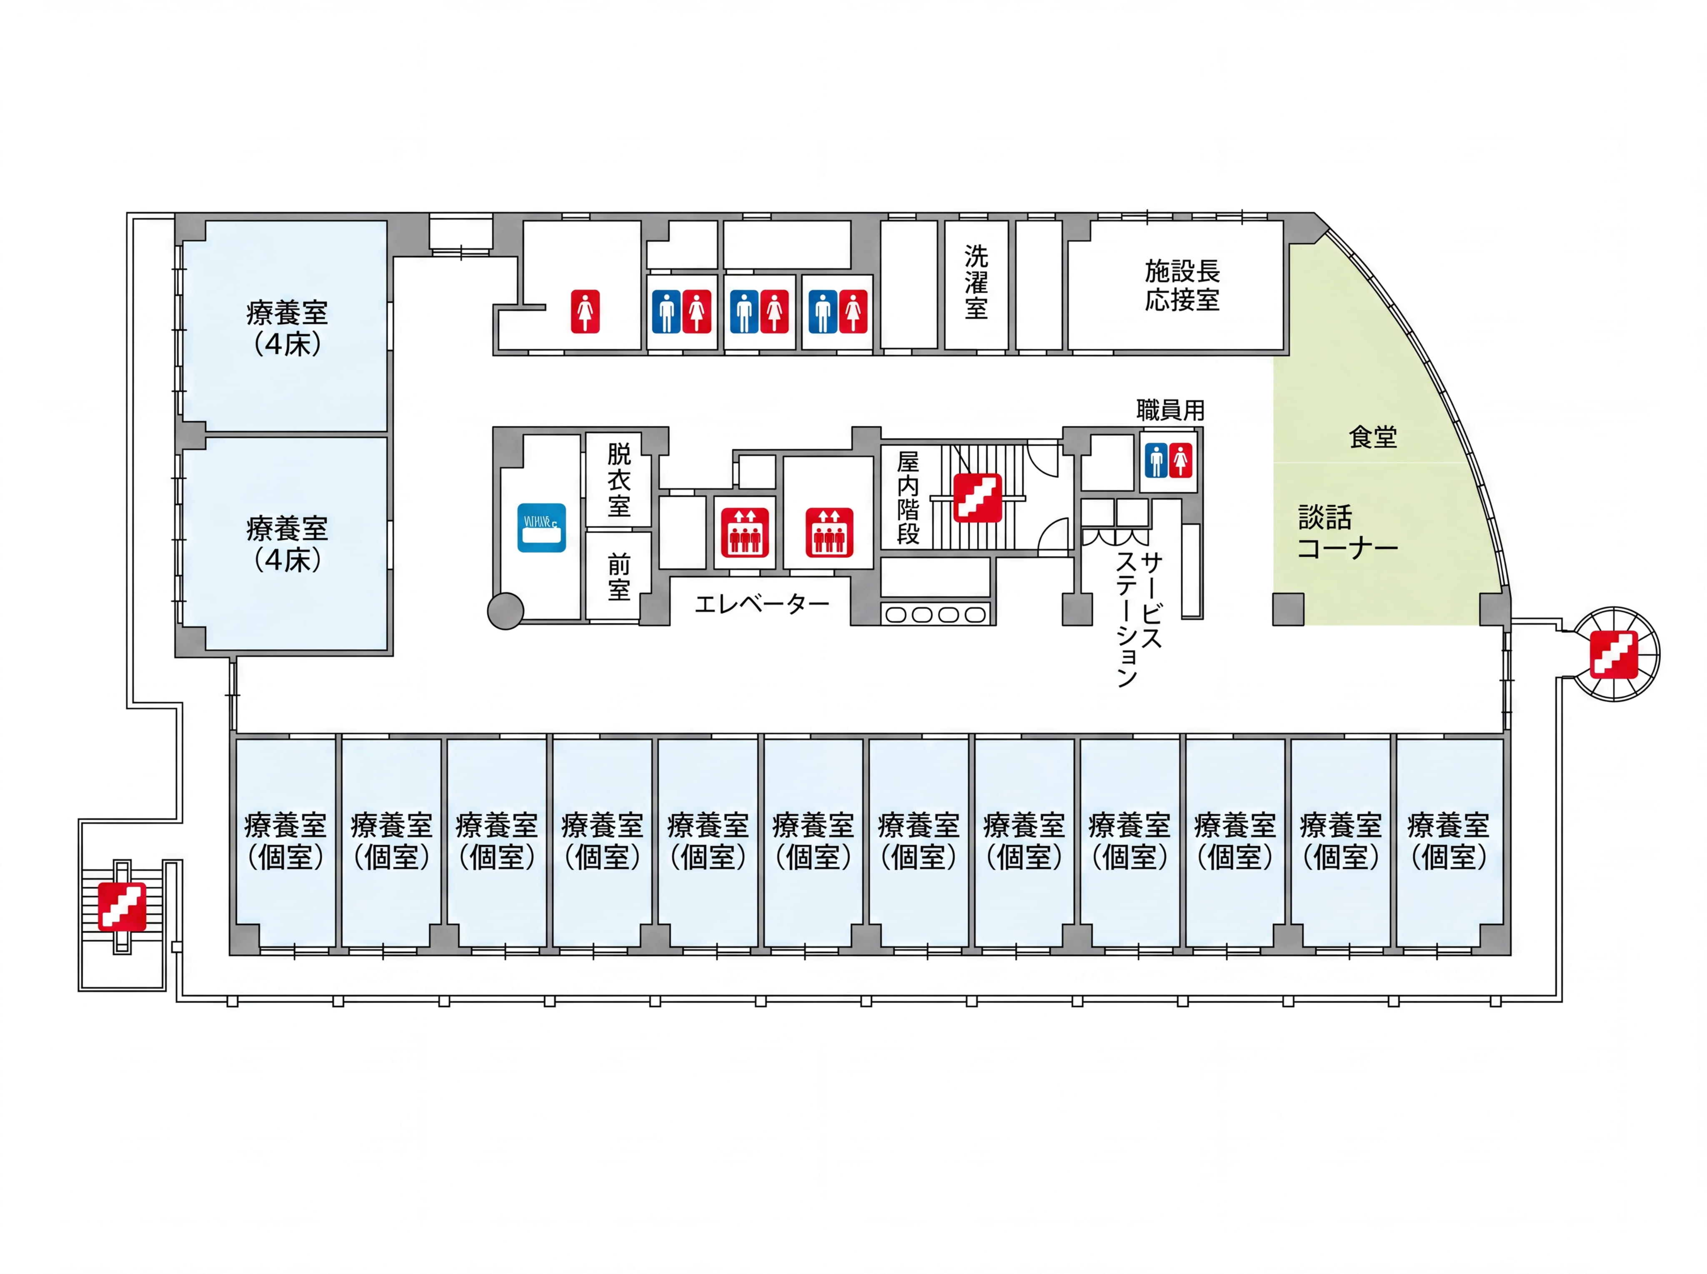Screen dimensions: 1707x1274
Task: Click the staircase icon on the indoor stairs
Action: coord(977,497)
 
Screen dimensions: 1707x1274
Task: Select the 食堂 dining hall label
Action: coord(1373,437)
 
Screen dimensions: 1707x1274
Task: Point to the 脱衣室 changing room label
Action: coord(618,480)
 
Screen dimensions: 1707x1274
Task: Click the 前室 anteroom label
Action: coord(618,577)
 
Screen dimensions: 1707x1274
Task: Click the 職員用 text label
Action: coord(1170,410)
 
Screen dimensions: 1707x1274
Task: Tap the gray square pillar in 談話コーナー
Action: coord(1288,609)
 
